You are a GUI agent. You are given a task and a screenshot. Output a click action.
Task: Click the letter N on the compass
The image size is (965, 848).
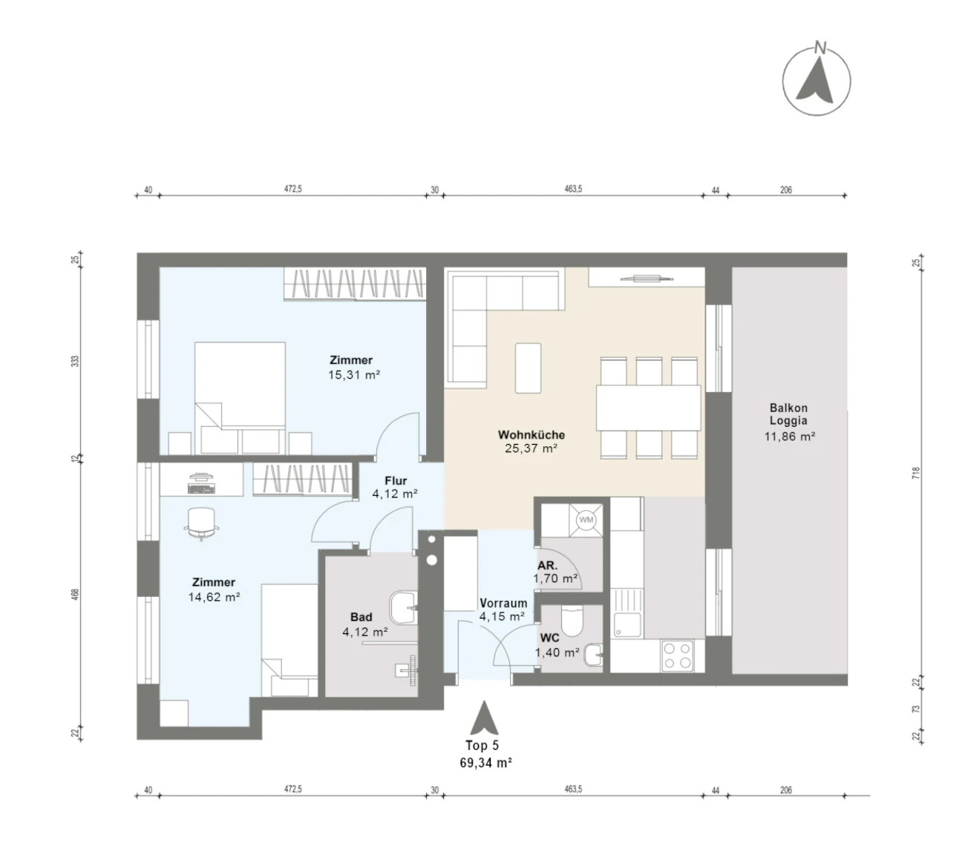click(x=820, y=48)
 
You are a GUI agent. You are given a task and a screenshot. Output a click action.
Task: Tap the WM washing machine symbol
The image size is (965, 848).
click(x=586, y=520)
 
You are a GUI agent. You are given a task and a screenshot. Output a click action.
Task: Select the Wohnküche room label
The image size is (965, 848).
click(x=531, y=434)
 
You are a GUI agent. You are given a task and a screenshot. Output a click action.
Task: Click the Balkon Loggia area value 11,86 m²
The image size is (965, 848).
click(x=789, y=436)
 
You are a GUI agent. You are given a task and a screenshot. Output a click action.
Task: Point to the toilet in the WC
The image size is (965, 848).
click(x=571, y=622)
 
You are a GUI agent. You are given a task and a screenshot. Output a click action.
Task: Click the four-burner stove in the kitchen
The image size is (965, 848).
click(x=677, y=655)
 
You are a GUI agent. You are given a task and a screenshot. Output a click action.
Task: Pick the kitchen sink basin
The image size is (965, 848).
click(x=627, y=625)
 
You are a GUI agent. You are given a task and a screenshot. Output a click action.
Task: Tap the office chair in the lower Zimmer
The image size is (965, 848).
click(x=201, y=523)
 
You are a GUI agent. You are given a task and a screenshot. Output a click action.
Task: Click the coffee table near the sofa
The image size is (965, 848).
click(x=528, y=368)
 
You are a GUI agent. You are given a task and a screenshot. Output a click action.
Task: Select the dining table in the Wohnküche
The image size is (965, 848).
click(x=648, y=408)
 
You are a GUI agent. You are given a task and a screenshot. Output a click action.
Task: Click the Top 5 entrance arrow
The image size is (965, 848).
click(x=483, y=717)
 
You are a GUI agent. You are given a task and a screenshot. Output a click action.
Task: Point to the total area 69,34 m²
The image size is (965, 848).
click(x=485, y=763)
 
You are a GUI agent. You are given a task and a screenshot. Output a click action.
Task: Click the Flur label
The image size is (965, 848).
click(x=396, y=480)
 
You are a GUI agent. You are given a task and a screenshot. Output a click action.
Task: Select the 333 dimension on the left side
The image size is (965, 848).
click(x=75, y=361)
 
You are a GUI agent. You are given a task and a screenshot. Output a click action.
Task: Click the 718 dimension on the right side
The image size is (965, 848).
click(x=916, y=472)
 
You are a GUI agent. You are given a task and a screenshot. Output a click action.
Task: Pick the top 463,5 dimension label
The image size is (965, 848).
click(x=573, y=189)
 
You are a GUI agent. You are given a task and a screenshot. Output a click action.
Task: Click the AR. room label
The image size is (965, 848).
click(x=548, y=566)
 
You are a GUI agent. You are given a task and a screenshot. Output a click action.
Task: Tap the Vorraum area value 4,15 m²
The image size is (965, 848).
click(x=502, y=616)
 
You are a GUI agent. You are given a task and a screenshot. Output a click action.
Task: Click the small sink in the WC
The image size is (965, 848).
click(x=594, y=655)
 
